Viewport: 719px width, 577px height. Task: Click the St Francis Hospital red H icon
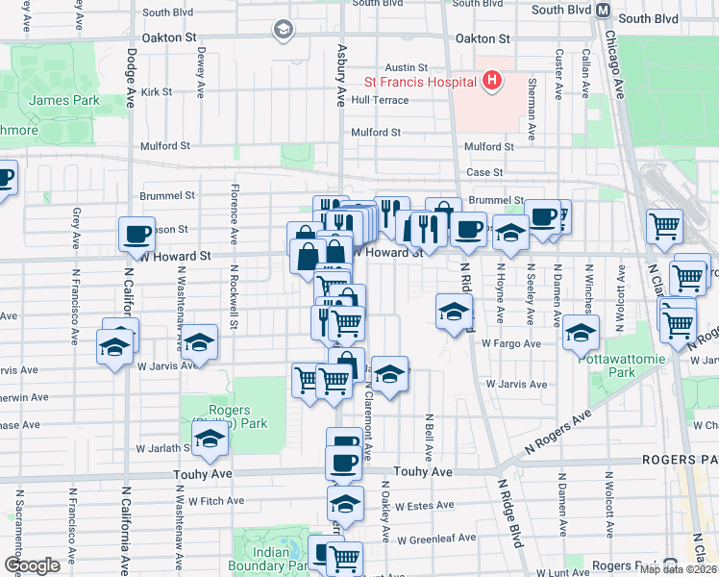click(x=492, y=81)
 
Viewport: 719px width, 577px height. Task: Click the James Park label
click(x=51, y=100)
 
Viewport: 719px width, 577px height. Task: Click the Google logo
click(x=32, y=564)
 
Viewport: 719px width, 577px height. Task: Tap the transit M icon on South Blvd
click(x=604, y=10)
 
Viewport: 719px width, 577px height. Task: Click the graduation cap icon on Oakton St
click(x=283, y=31)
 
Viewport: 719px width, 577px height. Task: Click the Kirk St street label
click(x=156, y=92)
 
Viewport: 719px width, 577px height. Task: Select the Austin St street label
click(x=405, y=67)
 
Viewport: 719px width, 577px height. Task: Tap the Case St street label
click(x=484, y=172)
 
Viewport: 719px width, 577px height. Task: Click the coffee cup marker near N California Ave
click(x=136, y=234)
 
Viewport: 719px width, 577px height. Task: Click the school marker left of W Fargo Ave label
click(x=454, y=312)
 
